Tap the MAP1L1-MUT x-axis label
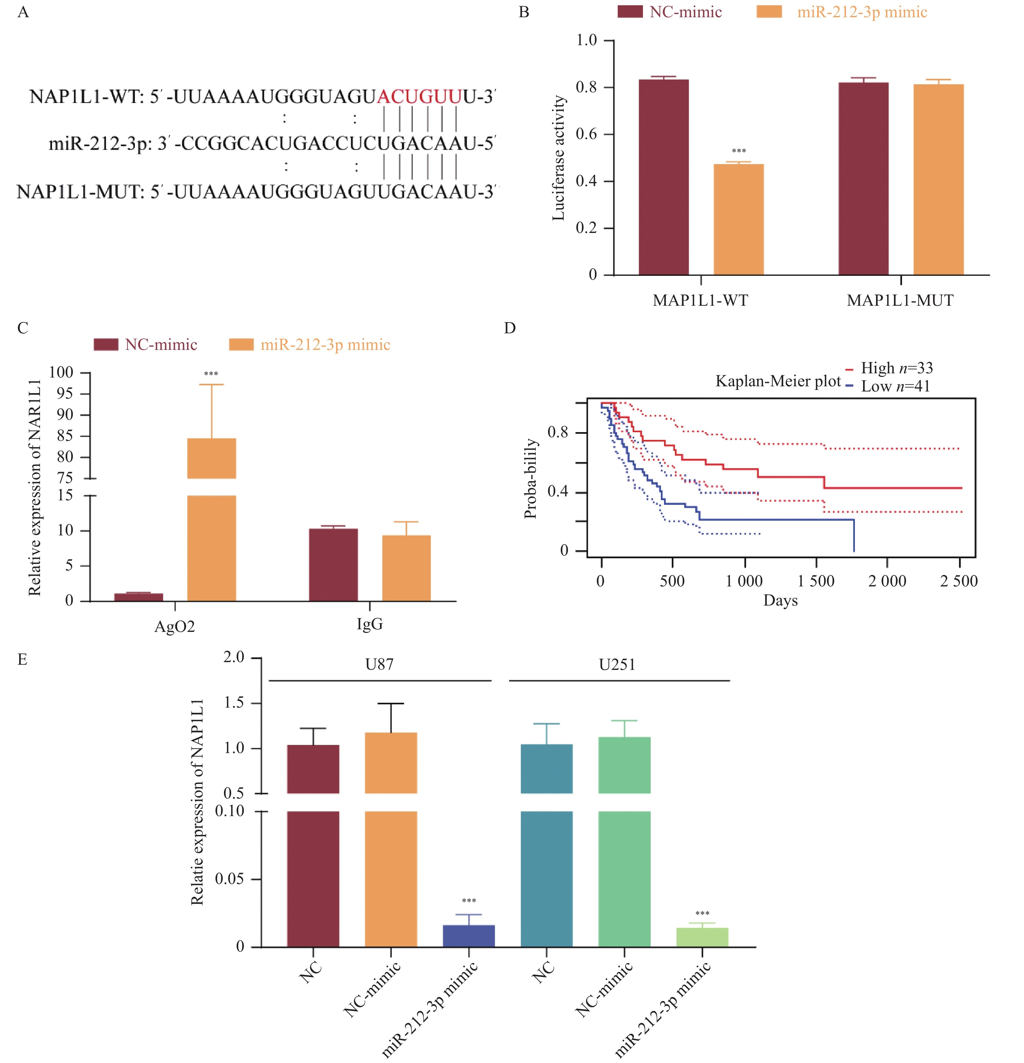coord(900,301)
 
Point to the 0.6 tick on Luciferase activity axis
coord(586,134)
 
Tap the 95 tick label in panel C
coord(65,394)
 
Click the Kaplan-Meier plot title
coord(778,381)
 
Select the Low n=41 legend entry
coord(895,387)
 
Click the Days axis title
coord(780,600)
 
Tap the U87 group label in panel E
coord(379,664)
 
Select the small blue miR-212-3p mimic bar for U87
coord(469,936)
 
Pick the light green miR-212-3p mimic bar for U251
coord(702,937)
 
